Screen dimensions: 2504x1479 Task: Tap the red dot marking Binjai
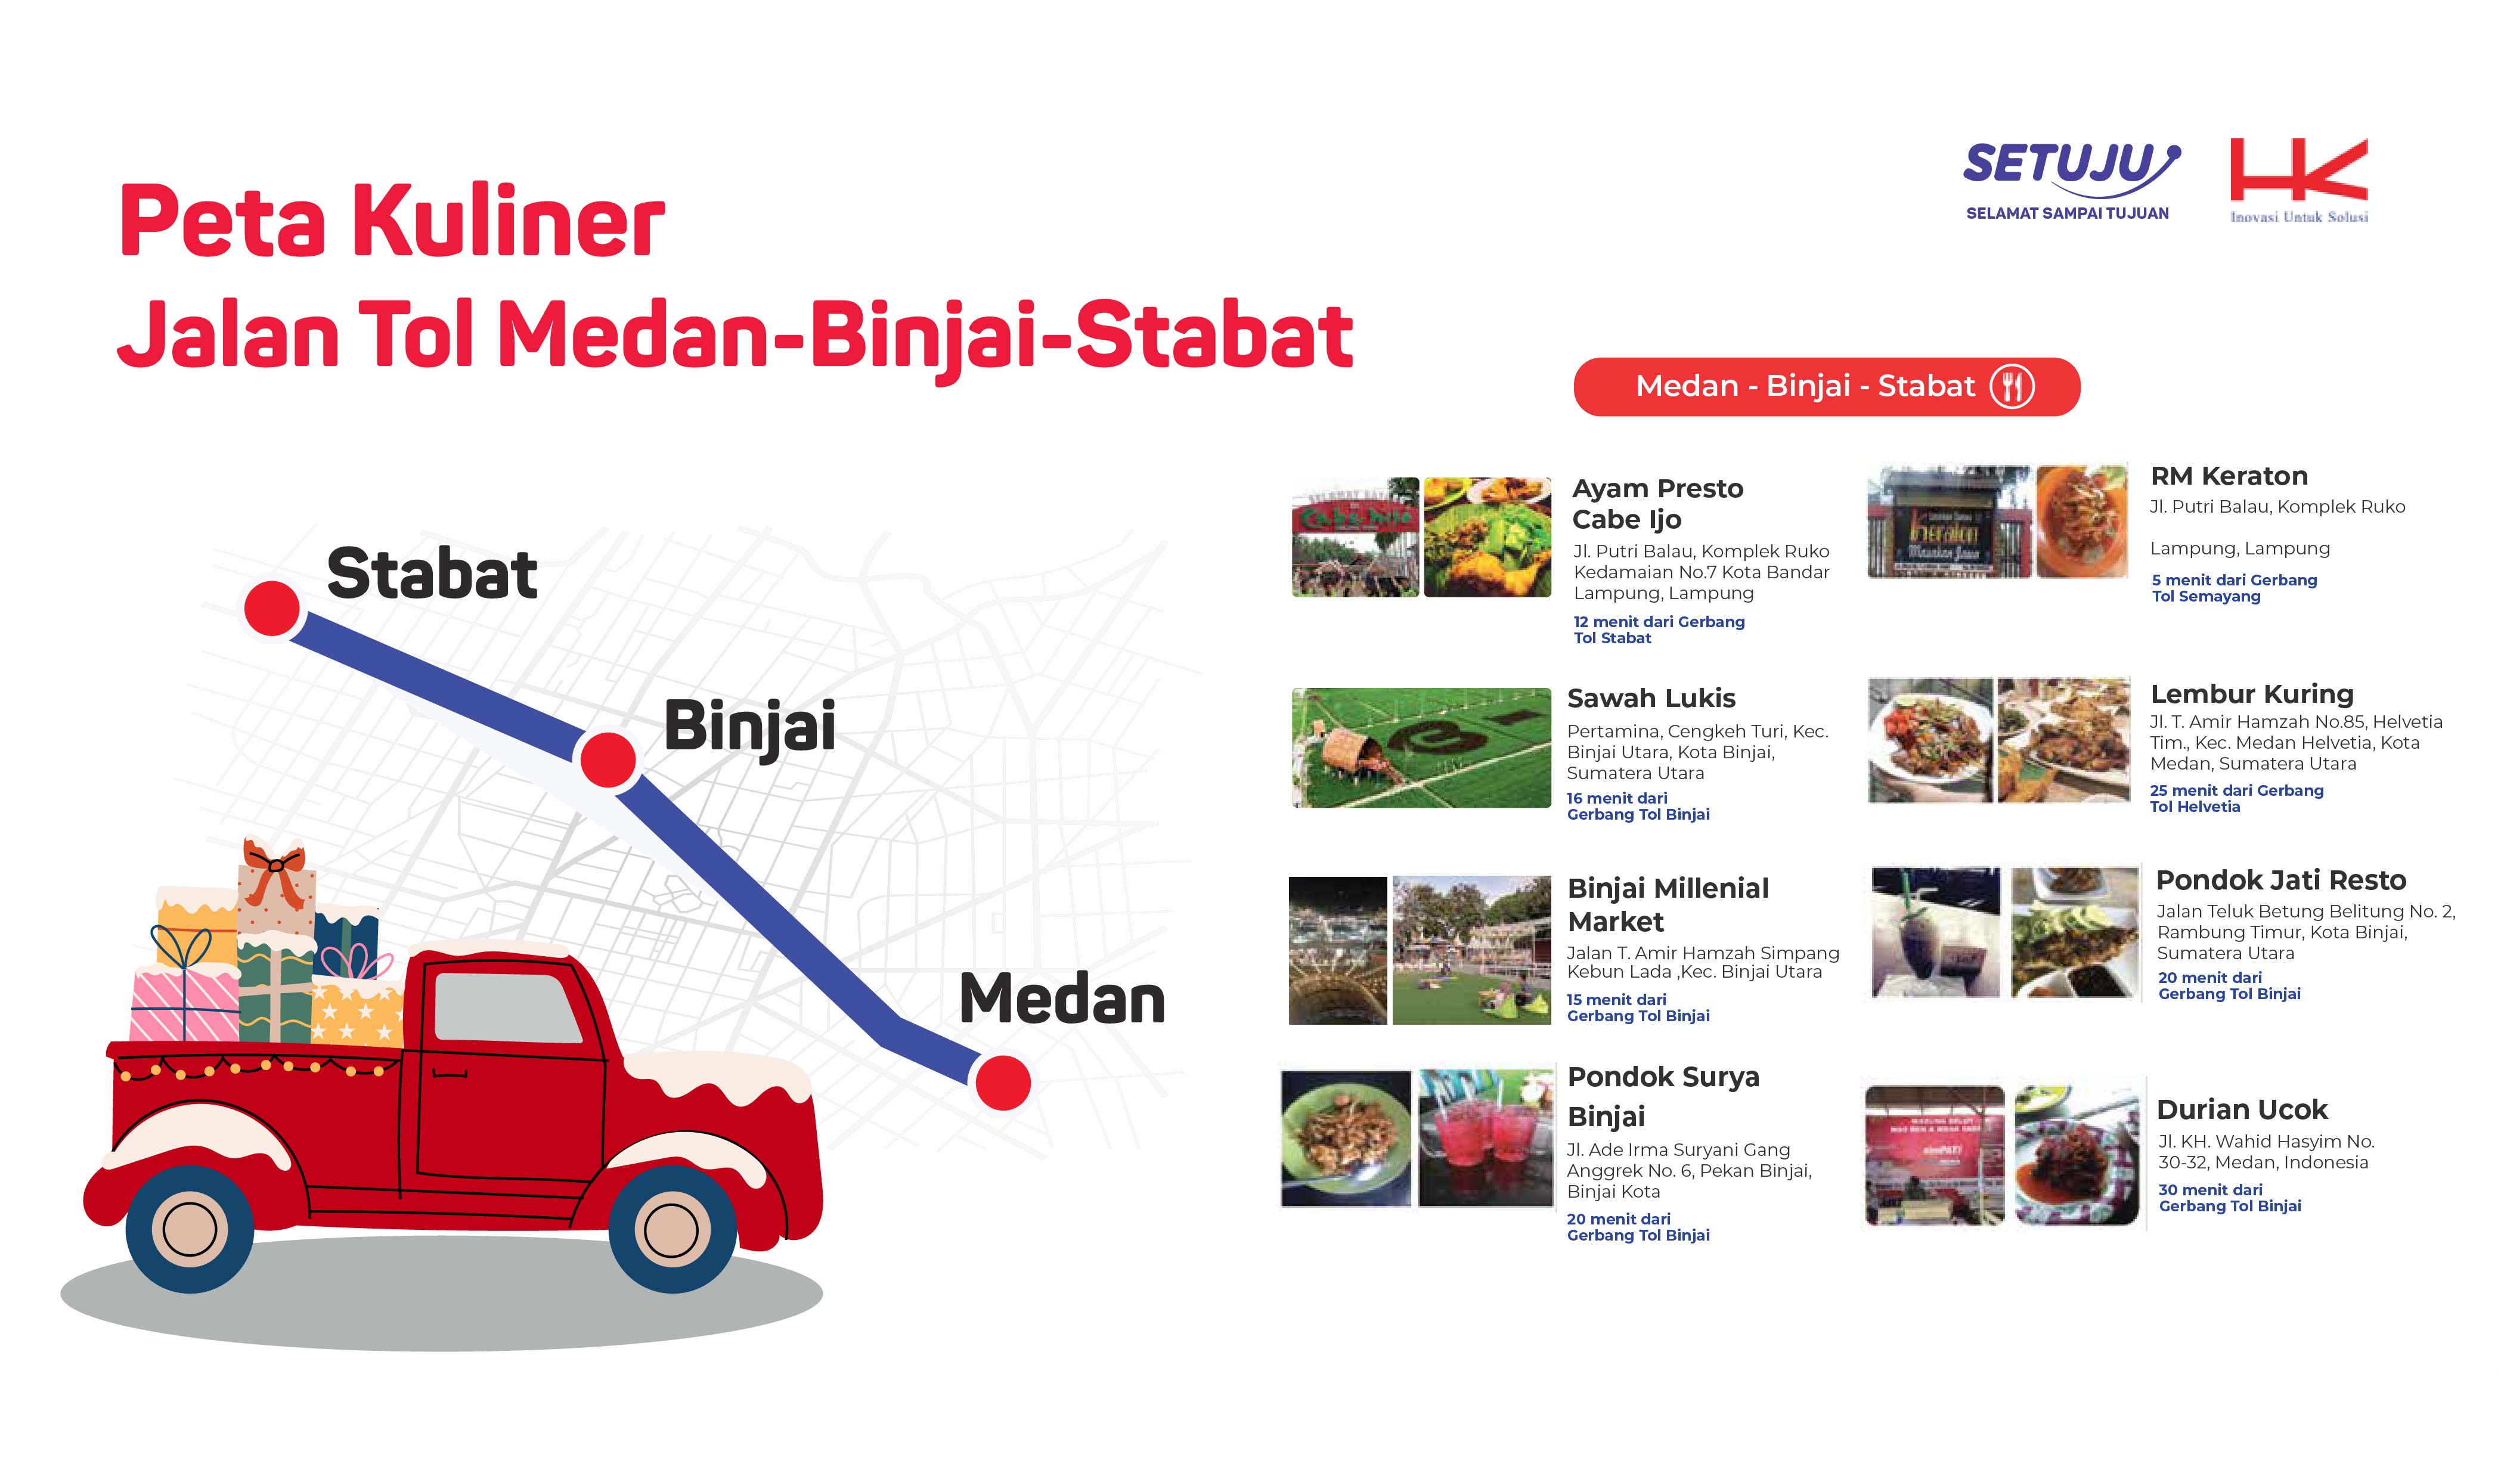click(608, 759)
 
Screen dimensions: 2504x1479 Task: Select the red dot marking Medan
click(1002, 1083)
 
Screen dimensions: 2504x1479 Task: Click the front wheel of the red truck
click(673, 1230)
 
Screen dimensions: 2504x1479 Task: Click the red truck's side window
click(508, 1007)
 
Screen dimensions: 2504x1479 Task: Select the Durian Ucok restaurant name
click(2242, 1109)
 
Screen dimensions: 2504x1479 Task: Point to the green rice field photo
click(1421, 748)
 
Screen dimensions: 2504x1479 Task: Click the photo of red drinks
click(1485, 1137)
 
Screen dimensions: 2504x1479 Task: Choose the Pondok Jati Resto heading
click(2281, 880)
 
